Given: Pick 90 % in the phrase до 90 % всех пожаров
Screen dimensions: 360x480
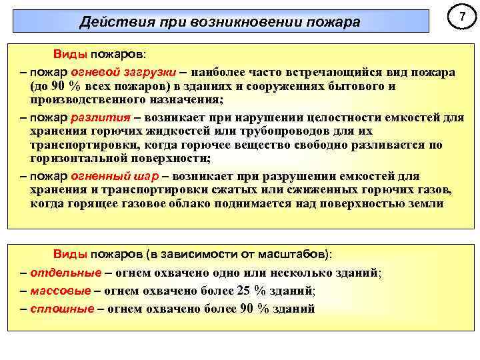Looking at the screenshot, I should [x=61, y=87].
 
